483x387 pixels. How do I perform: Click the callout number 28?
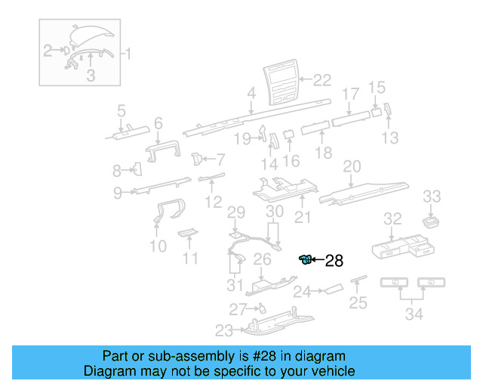[x=334, y=262]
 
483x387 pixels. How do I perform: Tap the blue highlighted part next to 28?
[x=306, y=261]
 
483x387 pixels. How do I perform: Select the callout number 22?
[x=322, y=79]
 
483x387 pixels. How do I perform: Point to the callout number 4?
[x=251, y=94]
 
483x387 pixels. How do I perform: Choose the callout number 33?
[x=431, y=197]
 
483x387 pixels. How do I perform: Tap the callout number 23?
[x=224, y=330]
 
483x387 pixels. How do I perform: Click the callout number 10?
[x=158, y=246]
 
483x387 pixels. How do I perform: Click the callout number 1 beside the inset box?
[x=128, y=54]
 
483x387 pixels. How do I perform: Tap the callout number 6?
[x=158, y=123]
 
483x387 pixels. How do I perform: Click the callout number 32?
[x=392, y=219]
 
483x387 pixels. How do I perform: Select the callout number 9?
[x=118, y=193]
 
